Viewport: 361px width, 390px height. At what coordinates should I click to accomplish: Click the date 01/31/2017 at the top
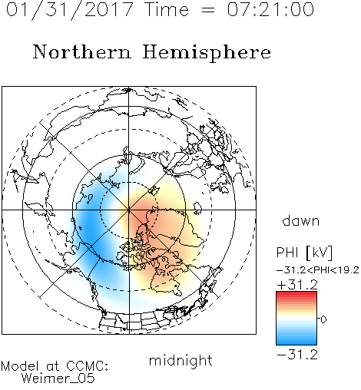click(x=69, y=9)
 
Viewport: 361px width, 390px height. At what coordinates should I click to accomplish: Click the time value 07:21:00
click(x=270, y=9)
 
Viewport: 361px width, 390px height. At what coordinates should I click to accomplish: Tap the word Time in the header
click(x=167, y=9)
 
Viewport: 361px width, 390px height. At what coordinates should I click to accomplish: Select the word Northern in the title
click(x=82, y=51)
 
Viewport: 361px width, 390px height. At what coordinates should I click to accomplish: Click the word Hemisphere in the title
click(x=207, y=53)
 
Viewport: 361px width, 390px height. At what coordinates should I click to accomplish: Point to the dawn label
click(x=301, y=220)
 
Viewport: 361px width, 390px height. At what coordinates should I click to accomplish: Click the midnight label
click(x=180, y=360)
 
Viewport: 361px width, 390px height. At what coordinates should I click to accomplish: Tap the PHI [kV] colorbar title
click(x=304, y=253)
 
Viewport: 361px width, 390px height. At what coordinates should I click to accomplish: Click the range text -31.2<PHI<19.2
click(x=318, y=270)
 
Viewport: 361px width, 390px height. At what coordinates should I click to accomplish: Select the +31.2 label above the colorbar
click(x=297, y=285)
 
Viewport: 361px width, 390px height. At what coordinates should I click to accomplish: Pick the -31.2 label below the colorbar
click(x=297, y=355)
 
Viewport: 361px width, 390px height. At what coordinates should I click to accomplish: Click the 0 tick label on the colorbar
click(x=323, y=319)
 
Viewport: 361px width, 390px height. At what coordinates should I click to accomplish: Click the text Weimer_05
click(x=58, y=378)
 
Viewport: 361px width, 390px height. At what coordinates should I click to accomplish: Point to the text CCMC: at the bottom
click(x=88, y=366)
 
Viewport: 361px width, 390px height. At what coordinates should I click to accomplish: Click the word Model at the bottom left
click(x=20, y=366)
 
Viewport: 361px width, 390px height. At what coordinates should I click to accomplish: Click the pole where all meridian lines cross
click(x=129, y=210)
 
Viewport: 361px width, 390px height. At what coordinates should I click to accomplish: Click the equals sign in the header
click(x=207, y=10)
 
